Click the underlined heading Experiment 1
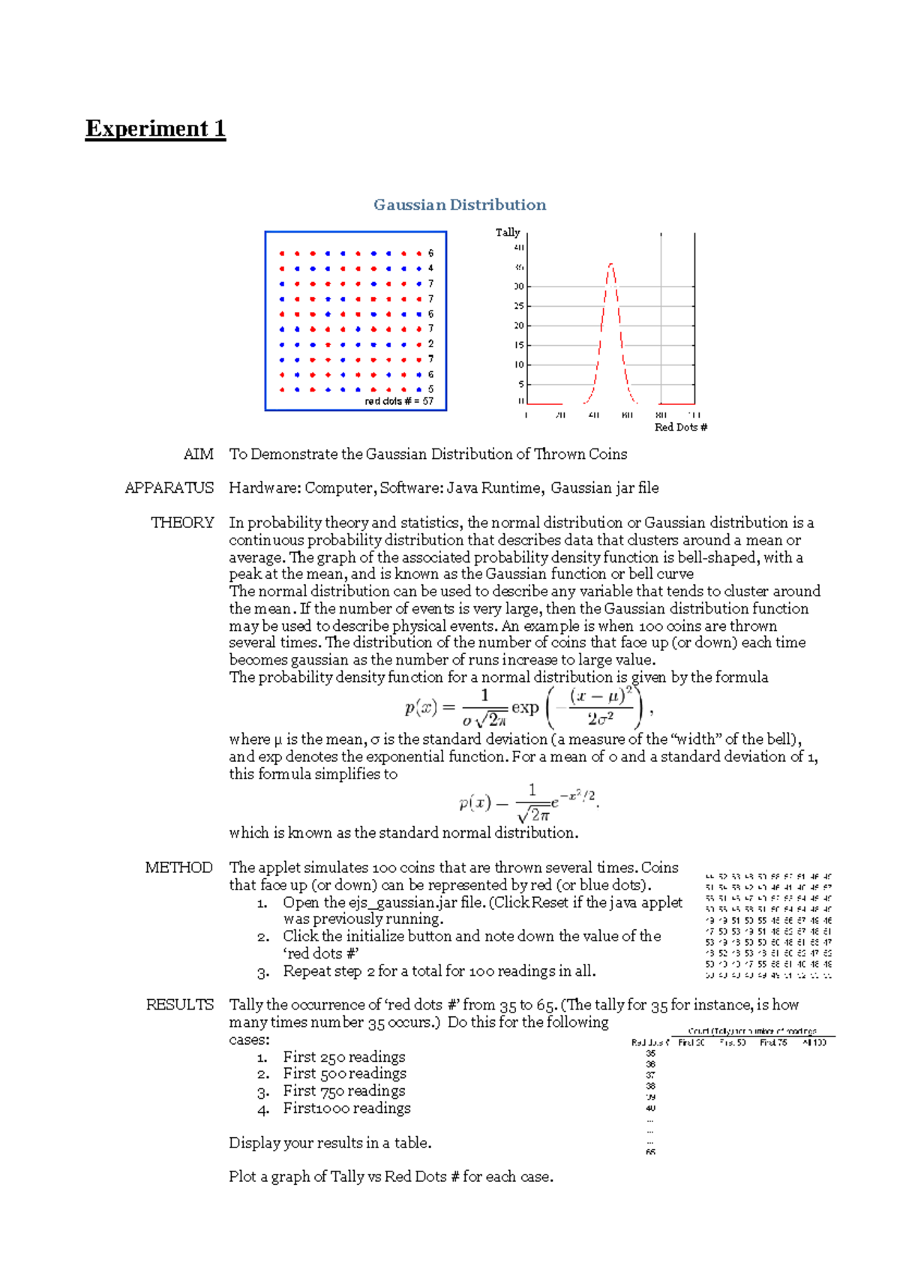coord(155,128)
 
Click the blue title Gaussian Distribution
coord(460,205)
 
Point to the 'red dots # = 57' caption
coord(399,401)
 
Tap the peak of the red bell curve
coord(611,265)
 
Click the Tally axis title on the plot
coord(507,232)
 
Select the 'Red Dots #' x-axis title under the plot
coord(680,427)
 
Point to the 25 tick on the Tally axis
coord(519,306)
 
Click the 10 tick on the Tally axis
coord(519,364)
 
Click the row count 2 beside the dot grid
coord(430,343)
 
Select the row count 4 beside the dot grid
coord(430,268)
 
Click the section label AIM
coord(199,454)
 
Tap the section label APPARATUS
coord(169,487)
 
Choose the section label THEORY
coord(182,522)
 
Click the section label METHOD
coord(178,867)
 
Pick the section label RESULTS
coord(179,1004)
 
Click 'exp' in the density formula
coord(525,707)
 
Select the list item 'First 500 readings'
coord(344,1073)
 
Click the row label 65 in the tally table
coord(650,1152)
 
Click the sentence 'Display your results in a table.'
coord(330,1142)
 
